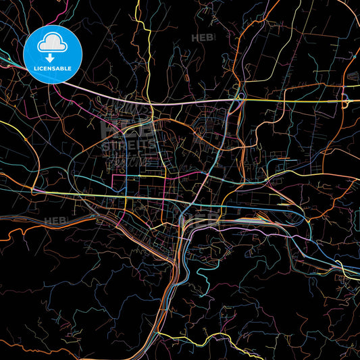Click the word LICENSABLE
pos(52,68)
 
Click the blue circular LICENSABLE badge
pos(53,53)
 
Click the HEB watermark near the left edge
pos(54,221)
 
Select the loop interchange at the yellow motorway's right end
pos(344,100)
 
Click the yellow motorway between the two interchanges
pos(290,100)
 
